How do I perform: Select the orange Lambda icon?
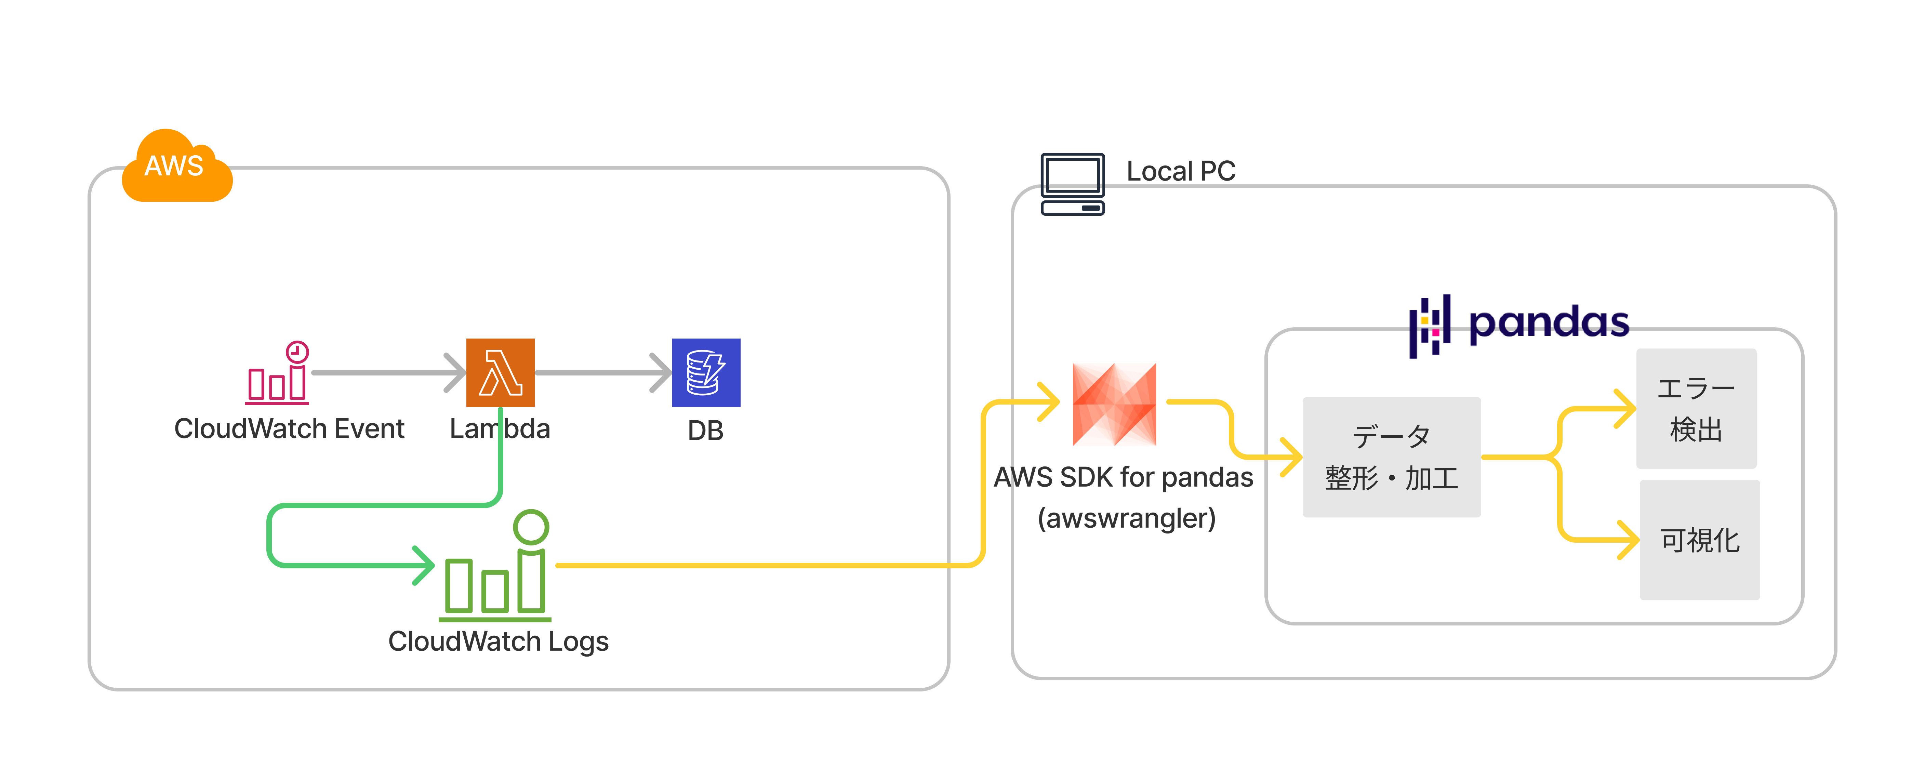[x=500, y=372]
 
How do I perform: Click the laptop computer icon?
[x=1072, y=184]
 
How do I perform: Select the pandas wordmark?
[x=1548, y=323]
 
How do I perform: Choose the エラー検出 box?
[x=1696, y=408]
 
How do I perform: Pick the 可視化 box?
[x=1699, y=540]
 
